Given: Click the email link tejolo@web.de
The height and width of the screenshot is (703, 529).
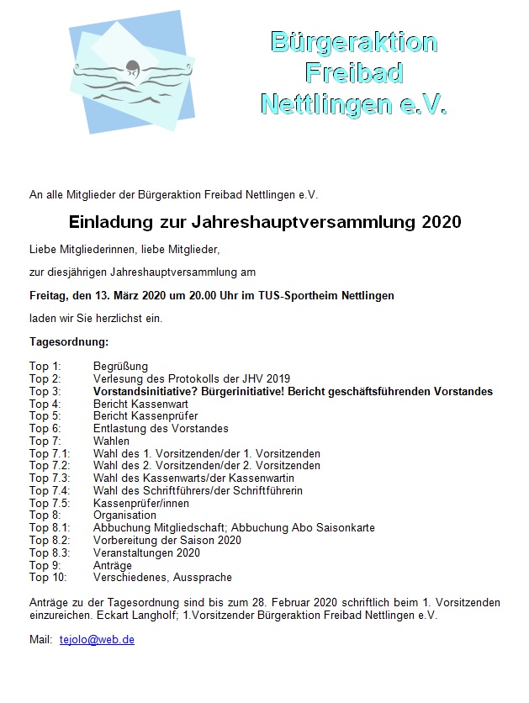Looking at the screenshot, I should pos(97,639).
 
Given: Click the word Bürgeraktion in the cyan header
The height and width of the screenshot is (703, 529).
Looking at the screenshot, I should pos(353,41).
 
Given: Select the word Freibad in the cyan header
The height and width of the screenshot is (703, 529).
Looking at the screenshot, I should pos(353,72).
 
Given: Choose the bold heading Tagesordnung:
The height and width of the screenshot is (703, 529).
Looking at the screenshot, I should pos(68,343).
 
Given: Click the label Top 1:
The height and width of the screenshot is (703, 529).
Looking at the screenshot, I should pos(45,367).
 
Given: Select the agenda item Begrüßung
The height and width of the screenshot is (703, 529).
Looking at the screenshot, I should pos(120,367).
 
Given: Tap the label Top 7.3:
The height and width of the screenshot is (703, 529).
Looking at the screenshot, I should pos(50,478).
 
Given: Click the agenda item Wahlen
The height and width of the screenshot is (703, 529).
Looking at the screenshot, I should pos(111,441).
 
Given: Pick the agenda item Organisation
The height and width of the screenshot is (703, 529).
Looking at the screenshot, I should pos(124,515).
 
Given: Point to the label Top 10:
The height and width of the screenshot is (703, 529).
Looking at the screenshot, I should pos(48,578).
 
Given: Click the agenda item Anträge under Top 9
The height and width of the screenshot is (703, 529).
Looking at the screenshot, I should pos(112,565).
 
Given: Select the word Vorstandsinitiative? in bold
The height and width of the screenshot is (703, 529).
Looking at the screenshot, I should pos(148,392).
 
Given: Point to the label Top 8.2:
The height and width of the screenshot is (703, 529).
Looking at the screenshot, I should pos(50,540).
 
